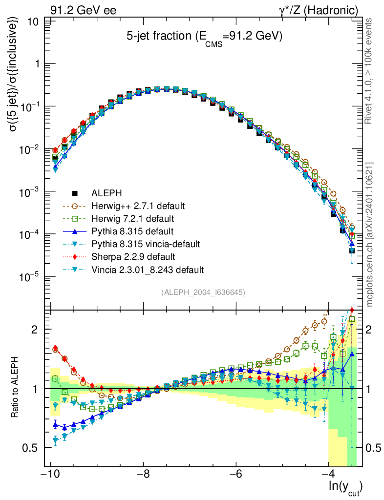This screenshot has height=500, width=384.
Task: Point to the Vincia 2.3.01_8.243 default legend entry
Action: (x=148, y=269)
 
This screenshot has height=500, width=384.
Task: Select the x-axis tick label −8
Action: (x=143, y=475)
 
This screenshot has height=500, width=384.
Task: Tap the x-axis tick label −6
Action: (x=236, y=475)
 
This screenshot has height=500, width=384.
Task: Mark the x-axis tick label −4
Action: (x=329, y=475)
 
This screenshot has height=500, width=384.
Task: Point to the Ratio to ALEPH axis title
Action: (x=16, y=388)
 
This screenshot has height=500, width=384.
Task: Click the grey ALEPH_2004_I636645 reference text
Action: (x=203, y=292)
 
